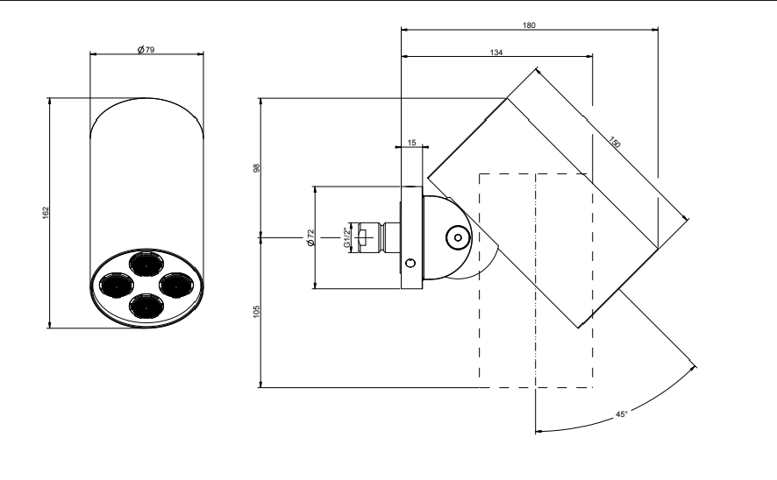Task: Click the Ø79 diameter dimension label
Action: tap(146, 49)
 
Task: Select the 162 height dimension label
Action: tap(46, 213)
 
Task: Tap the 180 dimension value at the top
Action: tap(529, 25)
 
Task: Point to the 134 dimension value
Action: tap(496, 52)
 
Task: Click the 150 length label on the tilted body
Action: tap(615, 143)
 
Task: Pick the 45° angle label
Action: tap(622, 414)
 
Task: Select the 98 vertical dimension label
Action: tap(257, 168)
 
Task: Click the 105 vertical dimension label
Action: tap(257, 311)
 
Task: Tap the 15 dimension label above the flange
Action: tap(412, 143)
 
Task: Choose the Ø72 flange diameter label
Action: tap(311, 237)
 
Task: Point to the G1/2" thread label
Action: tap(347, 237)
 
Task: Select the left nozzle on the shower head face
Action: tap(116, 286)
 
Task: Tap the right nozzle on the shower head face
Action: tap(176, 284)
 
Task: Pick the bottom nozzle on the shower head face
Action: tap(146, 306)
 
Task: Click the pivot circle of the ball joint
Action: tap(458, 238)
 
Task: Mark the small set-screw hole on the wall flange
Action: tap(410, 264)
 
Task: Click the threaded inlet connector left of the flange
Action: tap(374, 237)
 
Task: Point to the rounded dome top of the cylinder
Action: tap(146, 104)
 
